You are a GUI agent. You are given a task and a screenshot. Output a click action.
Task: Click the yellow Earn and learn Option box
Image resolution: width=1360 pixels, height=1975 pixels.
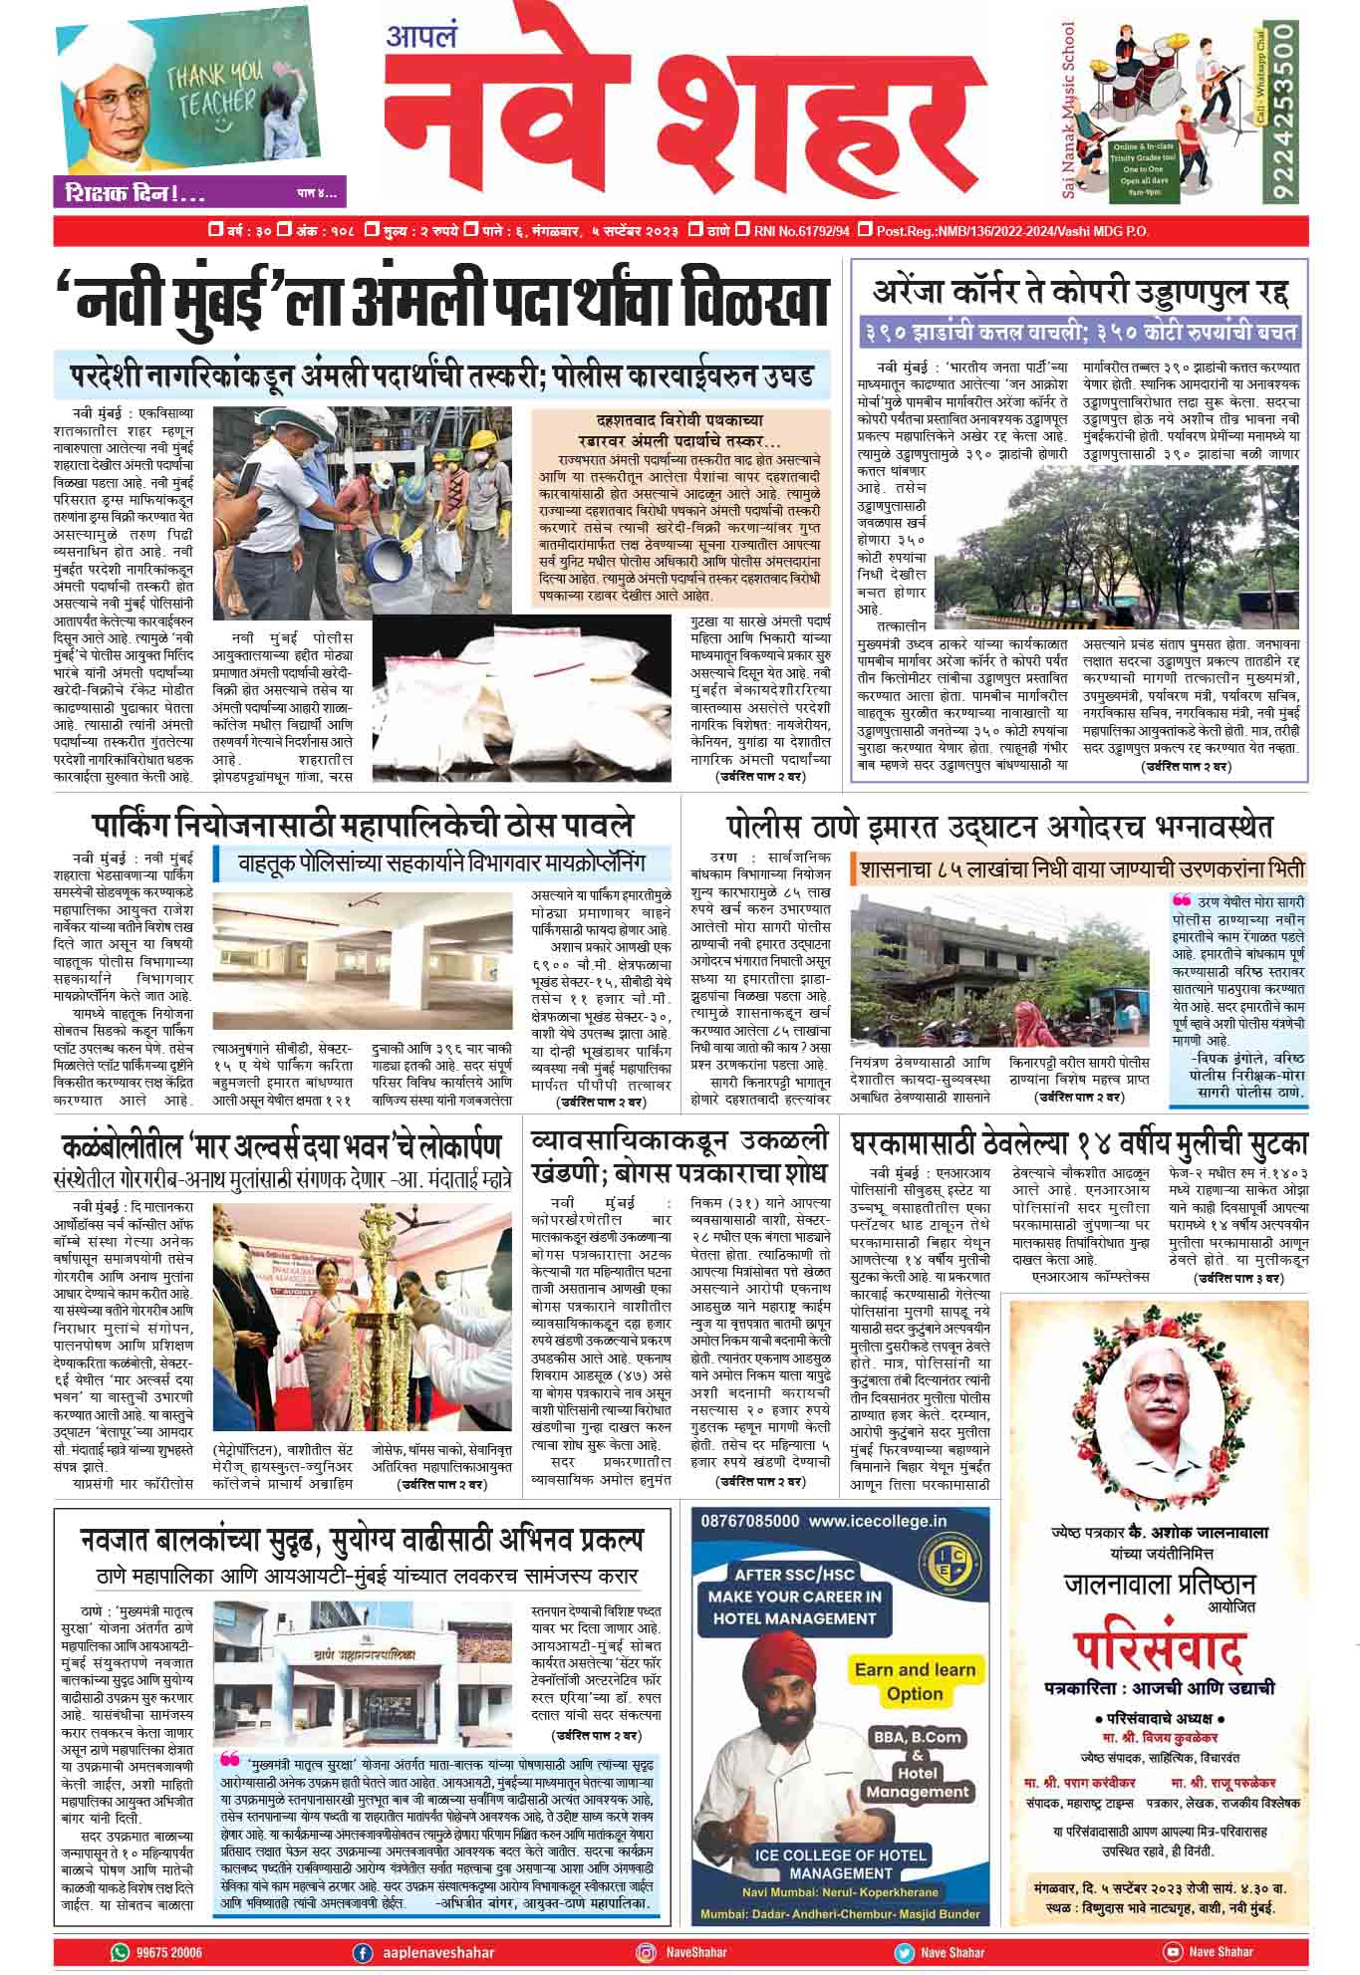tap(915, 1681)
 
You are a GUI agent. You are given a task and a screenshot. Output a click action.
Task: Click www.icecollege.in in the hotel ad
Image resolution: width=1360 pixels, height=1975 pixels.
tap(877, 1521)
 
